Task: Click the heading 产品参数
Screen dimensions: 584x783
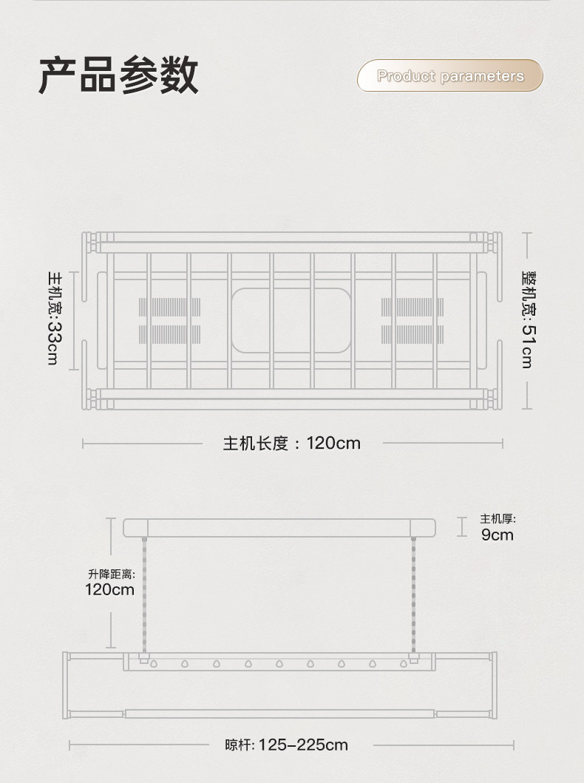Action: [x=118, y=75]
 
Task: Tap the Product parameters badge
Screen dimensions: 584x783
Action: [x=450, y=76]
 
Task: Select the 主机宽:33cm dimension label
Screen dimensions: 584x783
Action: [x=54, y=318]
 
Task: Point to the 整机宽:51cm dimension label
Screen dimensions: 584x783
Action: [x=527, y=319]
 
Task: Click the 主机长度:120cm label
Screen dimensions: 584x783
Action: [x=292, y=443]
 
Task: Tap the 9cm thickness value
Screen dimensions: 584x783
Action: [x=497, y=535]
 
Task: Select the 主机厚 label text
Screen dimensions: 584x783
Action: [x=498, y=518]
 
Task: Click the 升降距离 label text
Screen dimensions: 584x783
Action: [x=111, y=573]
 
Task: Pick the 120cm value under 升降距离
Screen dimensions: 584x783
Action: [x=109, y=589]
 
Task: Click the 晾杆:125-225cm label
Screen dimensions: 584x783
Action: [x=286, y=745]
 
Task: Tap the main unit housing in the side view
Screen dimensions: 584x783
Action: [x=279, y=528]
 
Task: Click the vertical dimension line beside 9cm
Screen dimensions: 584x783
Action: [x=462, y=526]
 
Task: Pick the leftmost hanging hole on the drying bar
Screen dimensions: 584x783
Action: [x=154, y=664]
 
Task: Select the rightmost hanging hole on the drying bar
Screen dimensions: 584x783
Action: [x=404, y=664]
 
